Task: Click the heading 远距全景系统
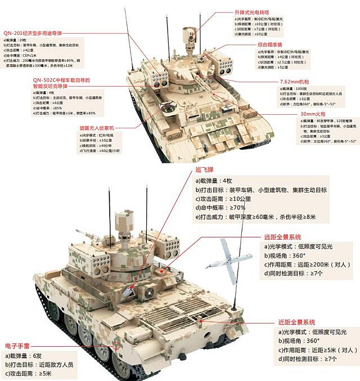287,237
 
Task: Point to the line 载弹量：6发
26,356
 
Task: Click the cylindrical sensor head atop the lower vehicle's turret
123,222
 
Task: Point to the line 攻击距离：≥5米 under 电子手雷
31,374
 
